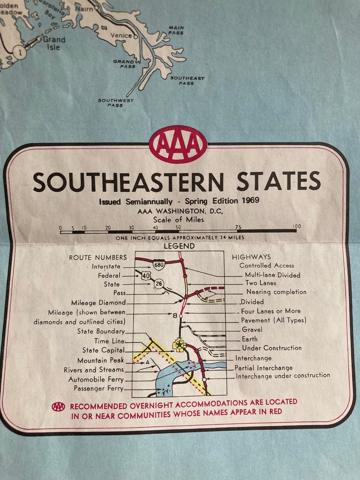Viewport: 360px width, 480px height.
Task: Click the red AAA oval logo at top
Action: tap(178, 144)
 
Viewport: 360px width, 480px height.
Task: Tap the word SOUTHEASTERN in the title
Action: tap(128, 182)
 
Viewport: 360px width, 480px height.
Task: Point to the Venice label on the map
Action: tap(121, 35)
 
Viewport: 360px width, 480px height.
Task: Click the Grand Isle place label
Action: tap(54, 43)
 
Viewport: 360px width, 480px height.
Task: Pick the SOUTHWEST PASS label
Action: tap(116, 102)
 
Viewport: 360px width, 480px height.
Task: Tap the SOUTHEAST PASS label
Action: tap(187, 80)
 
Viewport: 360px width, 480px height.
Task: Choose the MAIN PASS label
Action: tap(176, 30)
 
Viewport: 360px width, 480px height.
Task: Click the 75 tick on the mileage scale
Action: tap(238, 226)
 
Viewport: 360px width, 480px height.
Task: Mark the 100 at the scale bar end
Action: tap(297, 226)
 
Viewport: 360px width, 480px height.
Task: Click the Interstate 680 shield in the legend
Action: tap(158, 265)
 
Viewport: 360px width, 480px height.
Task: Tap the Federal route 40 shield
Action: tap(145, 275)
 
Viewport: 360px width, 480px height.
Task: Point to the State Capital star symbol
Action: tap(180, 345)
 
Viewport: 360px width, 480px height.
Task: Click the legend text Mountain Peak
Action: tap(101, 360)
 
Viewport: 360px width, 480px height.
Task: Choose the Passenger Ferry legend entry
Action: tap(98, 388)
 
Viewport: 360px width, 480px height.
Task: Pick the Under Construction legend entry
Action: tap(272, 348)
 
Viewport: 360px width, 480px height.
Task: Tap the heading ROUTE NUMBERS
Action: tap(98, 257)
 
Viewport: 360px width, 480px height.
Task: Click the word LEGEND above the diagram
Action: tap(179, 246)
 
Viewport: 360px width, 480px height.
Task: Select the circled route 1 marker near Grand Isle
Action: tap(19, 51)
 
